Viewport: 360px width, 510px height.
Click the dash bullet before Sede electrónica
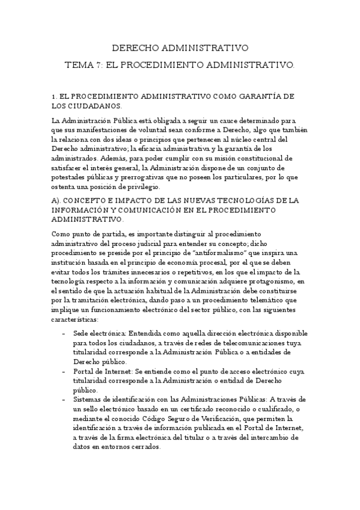point(63,333)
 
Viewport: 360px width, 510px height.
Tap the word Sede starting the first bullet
point(79,333)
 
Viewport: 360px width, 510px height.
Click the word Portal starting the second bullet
point(83,372)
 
